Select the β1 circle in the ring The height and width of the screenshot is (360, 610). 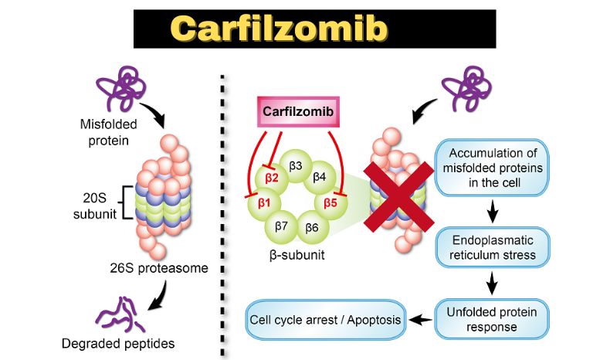coord(264,202)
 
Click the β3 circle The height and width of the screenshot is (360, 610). coord(295,165)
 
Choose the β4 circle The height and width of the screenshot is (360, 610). coord(319,177)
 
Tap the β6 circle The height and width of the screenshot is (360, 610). coord(312,227)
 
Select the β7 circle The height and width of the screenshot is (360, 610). coord(282,227)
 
